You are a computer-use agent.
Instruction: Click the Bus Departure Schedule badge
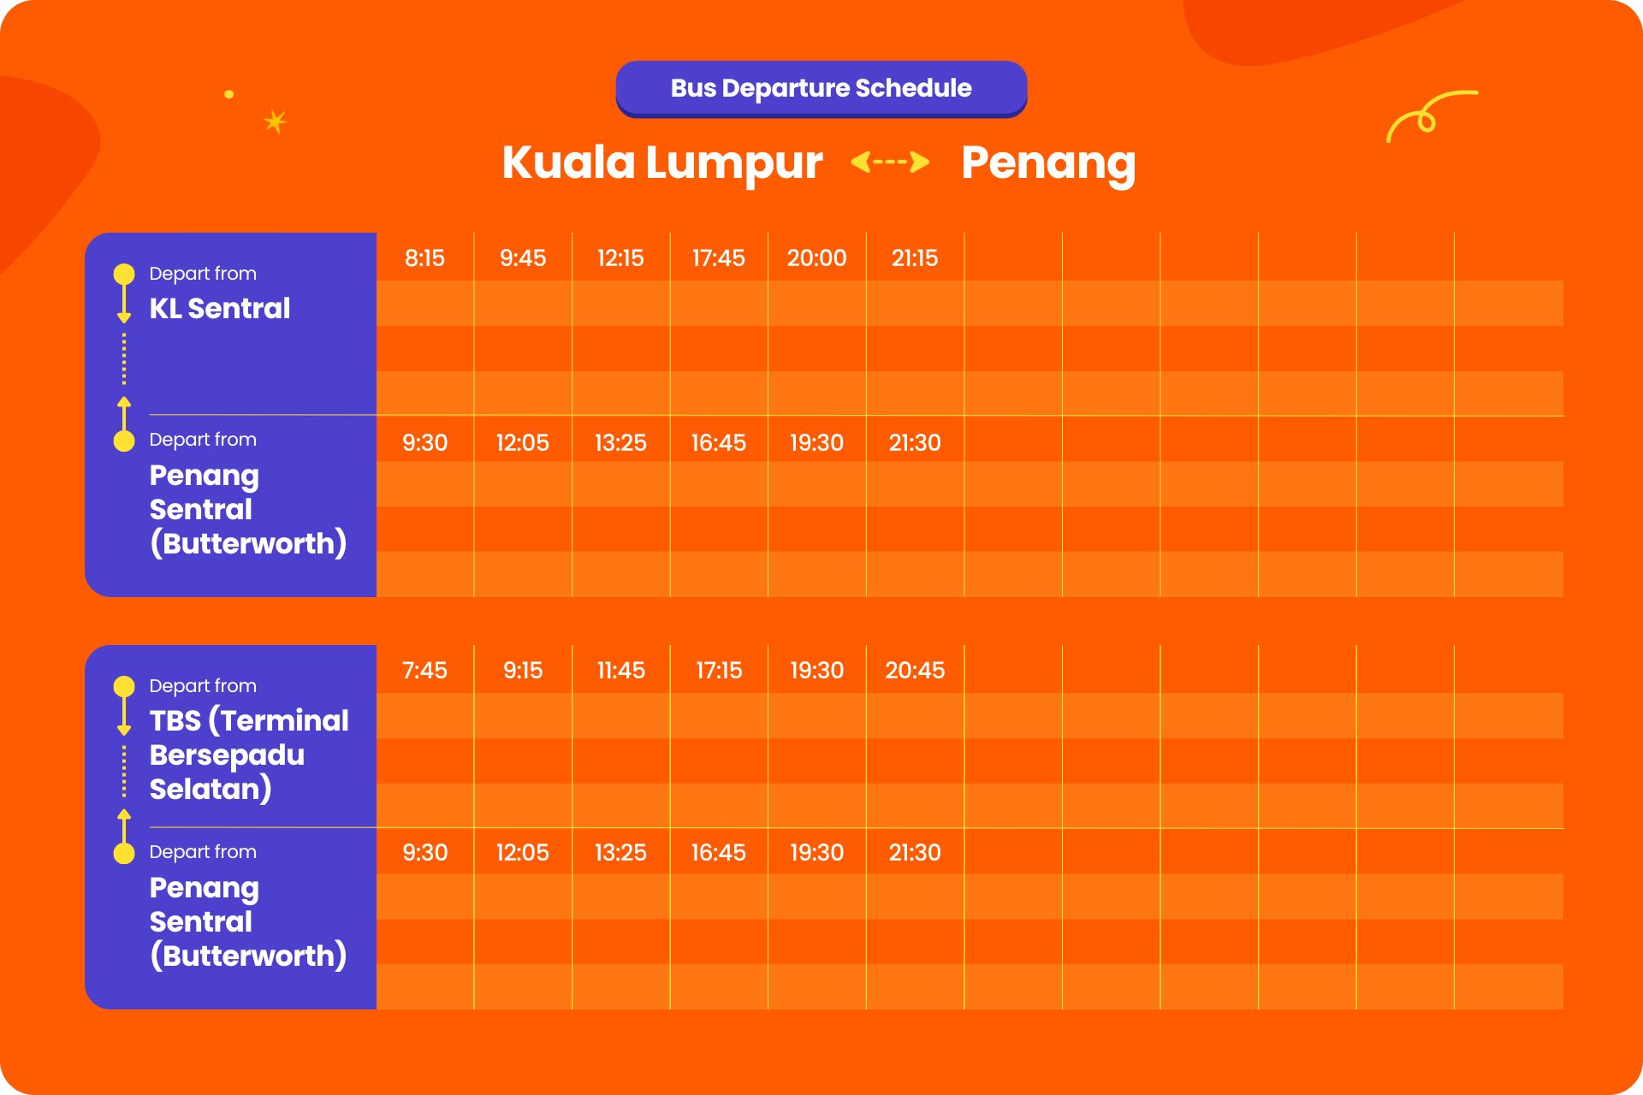[x=821, y=88]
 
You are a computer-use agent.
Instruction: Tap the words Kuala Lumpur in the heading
[x=662, y=163]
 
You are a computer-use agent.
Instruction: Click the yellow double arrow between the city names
[x=890, y=162]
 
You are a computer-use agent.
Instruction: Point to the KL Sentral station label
[x=220, y=308]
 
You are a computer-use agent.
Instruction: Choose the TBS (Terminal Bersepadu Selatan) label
[x=249, y=755]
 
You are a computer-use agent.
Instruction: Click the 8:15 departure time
[x=424, y=257]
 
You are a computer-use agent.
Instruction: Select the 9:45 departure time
[x=523, y=257]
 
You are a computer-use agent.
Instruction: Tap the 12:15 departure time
[x=620, y=257]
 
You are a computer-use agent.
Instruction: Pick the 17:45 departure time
[x=719, y=257]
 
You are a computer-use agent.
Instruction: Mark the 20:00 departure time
[x=817, y=257]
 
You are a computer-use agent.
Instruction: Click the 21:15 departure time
[x=915, y=257]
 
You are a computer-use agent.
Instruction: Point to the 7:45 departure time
[x=424, y=670]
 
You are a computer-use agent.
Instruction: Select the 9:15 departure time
[x=523, y=670]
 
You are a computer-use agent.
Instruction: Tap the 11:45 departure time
[x=621, y=670]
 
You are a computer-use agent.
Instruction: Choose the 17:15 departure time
[x=719, y=670]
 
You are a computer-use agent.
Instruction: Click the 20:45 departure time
[x=915, y=670]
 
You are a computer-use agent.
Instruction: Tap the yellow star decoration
[x=275, y=121]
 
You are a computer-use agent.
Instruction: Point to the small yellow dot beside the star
[x=228, y=94]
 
